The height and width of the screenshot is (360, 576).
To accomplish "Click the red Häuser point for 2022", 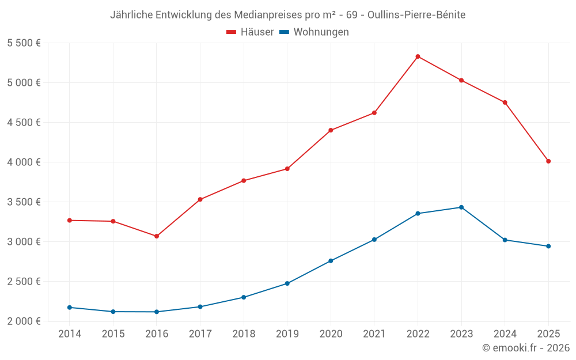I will tap(418, 56).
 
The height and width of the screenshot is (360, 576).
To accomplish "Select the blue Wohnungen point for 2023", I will tap(461, 207).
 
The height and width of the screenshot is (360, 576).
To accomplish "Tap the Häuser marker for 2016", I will tap(157, 236).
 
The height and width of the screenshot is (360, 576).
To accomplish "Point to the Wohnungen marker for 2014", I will tap(70, 308).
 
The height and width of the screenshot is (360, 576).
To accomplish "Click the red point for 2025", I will tap(548, 161).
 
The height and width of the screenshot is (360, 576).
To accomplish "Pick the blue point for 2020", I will tap(331, 261).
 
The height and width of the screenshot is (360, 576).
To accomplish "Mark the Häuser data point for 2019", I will tap(287, 169).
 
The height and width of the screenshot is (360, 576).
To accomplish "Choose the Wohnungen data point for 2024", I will tap(505, 240).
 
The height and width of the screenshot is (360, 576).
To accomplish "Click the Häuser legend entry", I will tap(250, 32).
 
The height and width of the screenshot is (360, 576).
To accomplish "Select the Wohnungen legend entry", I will tap(314, 32).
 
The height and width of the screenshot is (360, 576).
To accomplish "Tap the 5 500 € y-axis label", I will tap(24, 43).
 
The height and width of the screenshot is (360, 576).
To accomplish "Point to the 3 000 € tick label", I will tap(24, 241).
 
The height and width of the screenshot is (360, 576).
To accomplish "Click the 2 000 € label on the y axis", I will tap(24, 321).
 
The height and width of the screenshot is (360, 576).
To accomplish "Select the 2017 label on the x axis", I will tap(200, 334).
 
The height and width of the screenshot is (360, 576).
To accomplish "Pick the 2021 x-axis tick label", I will tap(374, 334).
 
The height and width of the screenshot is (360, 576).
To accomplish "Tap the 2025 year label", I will tap(548, 334).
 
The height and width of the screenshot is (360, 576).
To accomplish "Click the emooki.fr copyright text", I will tap(526, 348).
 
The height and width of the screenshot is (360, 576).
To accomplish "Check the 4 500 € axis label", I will tap(24, 123).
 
